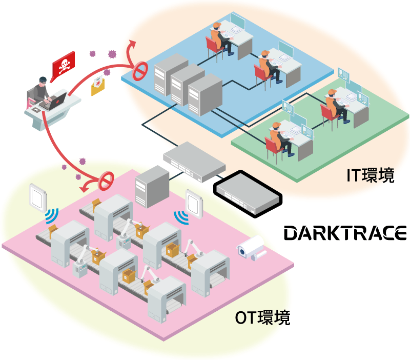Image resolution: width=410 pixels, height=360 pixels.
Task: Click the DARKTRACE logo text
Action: pyautogui.click(x=346, y=233)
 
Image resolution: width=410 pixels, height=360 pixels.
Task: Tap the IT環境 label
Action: pyautogui.click(x=371, y=175)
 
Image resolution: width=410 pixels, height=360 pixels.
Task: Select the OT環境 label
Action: pyautogui.click(x=262, y=318)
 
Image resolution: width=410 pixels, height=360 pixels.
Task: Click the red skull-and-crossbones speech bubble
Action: pyautogui.click(x=64, y=64)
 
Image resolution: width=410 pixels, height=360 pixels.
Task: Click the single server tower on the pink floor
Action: pyautogui.click(x=152, y=187)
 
